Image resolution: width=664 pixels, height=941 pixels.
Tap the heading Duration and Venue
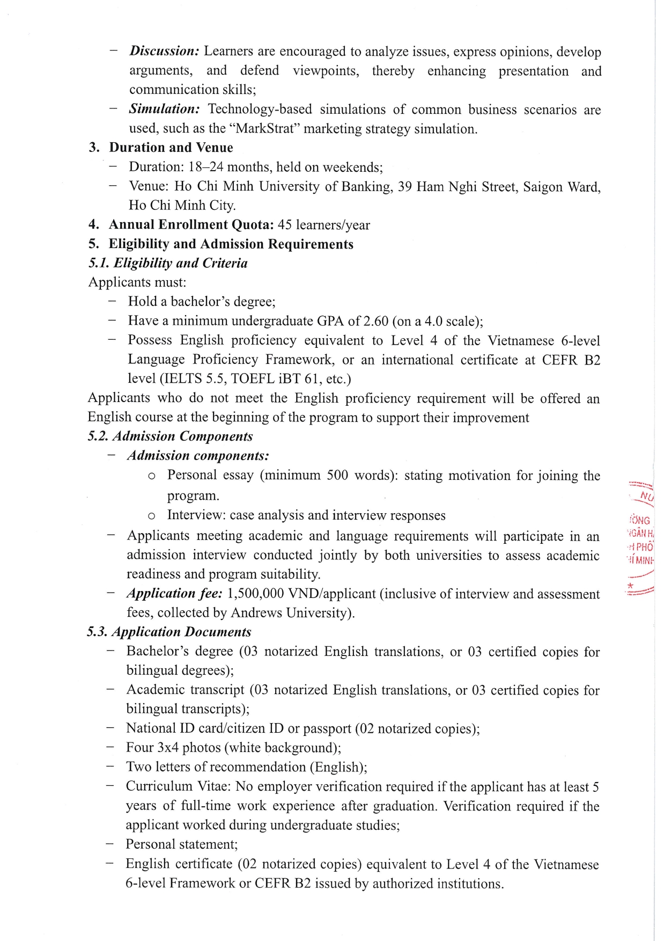click(171, 148)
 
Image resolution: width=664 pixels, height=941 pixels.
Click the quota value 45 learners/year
click(323, 225)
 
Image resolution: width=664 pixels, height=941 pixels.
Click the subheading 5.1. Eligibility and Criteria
click(168, 263)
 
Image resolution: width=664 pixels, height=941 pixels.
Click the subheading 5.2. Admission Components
click(170, 436)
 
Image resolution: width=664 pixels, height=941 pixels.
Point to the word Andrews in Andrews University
click(255, 613)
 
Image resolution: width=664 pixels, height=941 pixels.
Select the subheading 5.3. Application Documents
click(169, 632)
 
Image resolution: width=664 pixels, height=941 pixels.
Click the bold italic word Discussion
click(164, 51)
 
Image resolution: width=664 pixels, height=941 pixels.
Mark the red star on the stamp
click(631, 586)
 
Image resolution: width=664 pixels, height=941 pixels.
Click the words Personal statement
click(181, 844)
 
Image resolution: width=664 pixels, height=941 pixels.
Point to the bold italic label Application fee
click(174, 594)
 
